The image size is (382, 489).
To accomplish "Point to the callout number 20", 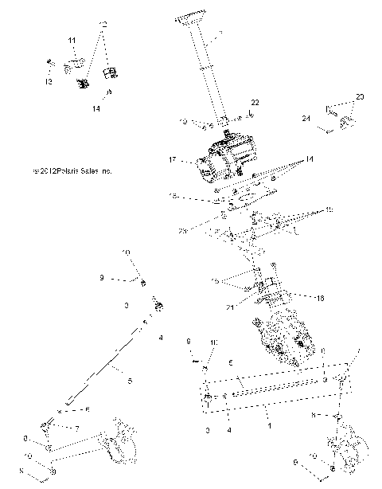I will (x=359, y=97).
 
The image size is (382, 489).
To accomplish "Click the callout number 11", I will (x=72, y=40).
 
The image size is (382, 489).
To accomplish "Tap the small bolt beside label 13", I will (x=49, y=64).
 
